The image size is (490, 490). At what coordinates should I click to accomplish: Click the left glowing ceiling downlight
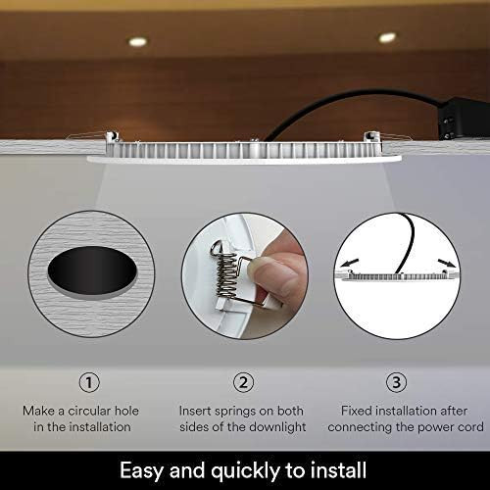[137, 41]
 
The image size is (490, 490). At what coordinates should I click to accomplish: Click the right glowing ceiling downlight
[387, 37]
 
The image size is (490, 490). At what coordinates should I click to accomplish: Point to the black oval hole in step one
[92, 270]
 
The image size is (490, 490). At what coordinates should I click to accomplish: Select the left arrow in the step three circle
[349, 263]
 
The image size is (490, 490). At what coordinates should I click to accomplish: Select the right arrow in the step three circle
[447, 263]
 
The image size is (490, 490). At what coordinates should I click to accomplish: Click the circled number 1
[89, 382]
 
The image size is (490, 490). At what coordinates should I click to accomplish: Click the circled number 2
[244, 382]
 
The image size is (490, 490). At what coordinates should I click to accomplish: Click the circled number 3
[396, 382]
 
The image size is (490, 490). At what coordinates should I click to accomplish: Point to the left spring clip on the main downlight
[112, 136]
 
